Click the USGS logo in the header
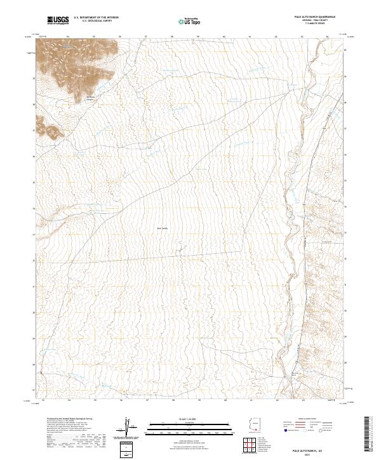tap(58, 21)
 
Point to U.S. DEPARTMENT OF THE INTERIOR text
tap(96, 18)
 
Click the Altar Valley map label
tap(163, 228)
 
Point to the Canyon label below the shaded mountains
tap(90, 98)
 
